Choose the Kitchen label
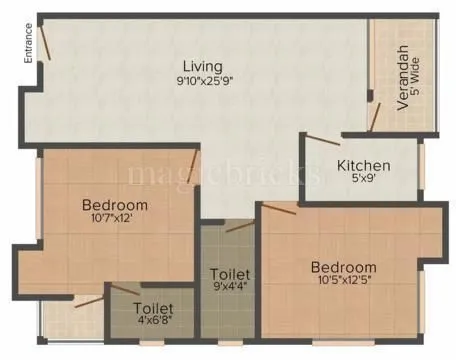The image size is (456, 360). click(x=362, y=166)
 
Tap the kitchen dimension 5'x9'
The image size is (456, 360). click(x=362, y=181)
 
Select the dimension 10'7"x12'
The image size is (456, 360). click(x=113, y=222)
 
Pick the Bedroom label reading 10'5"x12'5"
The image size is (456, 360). click(x=343, y=267)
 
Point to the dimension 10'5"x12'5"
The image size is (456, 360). click(x=343, y=282)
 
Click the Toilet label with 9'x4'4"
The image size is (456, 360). click(x=229, y=273)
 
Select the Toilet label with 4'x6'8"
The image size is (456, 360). click(x=154, y=308)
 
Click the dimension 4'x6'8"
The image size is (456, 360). click(x=154, y=323)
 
